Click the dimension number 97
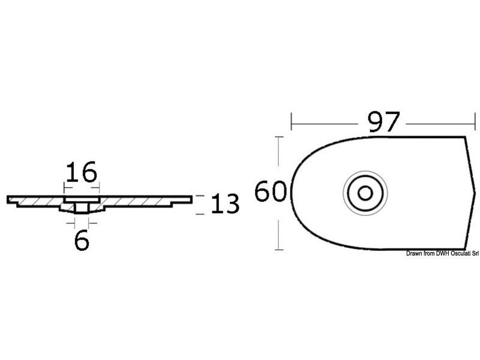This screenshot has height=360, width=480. [x=383, y=123]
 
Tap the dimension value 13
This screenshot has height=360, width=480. [x=225, y=205]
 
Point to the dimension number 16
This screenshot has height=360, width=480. [x=82, y=172]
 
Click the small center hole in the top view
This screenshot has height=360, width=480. [x=364, y=193]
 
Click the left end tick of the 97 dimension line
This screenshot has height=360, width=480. [x=292, y=122]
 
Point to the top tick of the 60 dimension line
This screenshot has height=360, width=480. [x=278, y=137]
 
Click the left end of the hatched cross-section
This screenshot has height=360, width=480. [x=9, y=199]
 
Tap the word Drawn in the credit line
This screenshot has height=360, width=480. [x=415, y=253]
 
